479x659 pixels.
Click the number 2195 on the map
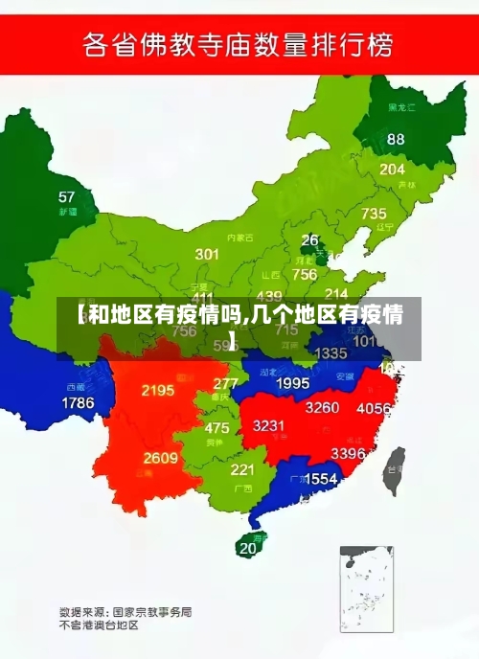coord(157,390)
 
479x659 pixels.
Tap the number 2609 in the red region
coord(161,458)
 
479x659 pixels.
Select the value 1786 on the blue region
coord(78,403)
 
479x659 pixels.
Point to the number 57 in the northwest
coord(66,197)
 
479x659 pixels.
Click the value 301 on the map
coord(207,254)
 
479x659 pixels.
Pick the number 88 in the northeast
coord(396,139)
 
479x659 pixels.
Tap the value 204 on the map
coord(392,169)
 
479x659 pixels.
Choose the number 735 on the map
coord(374,214)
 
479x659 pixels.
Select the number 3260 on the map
coord(322,407)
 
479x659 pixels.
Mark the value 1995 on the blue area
coord(292,383)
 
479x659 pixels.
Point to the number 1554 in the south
coord(320,478)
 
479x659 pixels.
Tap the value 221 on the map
coord(242,469)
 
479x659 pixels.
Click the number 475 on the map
coord(217,428)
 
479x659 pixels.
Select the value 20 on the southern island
coord(248,548)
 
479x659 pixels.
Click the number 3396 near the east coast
coord(348,453)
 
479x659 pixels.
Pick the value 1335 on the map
coord(331,353)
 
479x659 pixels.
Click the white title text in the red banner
coord(239,44)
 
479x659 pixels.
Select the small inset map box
coord(367,589)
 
